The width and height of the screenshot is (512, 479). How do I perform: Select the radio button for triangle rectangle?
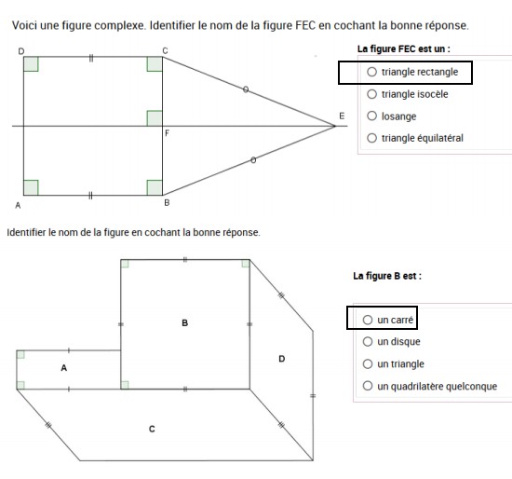point(372,71)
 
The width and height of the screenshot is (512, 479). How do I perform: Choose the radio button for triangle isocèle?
point(372,94)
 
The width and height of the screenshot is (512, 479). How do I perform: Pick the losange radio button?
point(372,116)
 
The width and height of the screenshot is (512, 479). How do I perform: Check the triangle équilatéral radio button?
point(372,139)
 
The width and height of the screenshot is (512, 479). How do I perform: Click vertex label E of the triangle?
point(342,116)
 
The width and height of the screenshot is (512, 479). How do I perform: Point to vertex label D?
point(20,48)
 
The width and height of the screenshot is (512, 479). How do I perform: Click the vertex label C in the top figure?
point(166,48)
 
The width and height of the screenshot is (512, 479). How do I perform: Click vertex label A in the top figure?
point(18,205)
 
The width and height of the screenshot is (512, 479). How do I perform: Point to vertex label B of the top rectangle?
point(166,202)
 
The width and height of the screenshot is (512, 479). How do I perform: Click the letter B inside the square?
point(185,322)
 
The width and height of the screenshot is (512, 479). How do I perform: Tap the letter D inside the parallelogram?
point(282,359)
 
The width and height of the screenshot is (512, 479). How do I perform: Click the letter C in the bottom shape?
point(152,429)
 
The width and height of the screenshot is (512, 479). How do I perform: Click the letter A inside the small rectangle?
point(64,368)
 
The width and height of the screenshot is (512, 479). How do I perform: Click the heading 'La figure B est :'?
point(387,276)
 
